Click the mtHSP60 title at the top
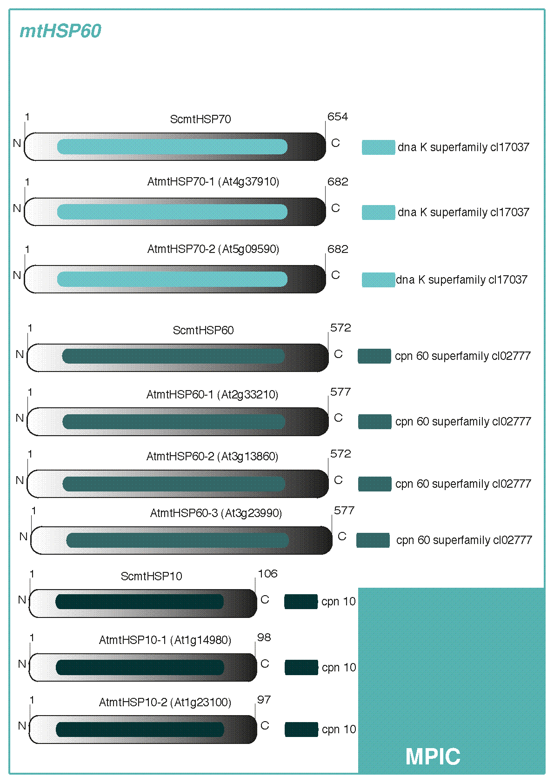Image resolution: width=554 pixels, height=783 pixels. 60,31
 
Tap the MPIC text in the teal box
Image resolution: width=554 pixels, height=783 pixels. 433,756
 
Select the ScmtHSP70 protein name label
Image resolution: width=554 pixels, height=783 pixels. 200,119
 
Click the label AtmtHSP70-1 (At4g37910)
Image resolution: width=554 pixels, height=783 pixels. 213,182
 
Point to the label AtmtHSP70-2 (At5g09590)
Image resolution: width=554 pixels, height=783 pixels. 213,249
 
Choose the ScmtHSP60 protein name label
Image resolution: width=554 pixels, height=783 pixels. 203,331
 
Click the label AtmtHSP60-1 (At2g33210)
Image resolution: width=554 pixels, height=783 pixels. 212,395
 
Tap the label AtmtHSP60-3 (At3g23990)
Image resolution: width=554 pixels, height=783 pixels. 216,513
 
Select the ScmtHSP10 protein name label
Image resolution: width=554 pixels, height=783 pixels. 151,577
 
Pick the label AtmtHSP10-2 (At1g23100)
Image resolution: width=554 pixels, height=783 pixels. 165,703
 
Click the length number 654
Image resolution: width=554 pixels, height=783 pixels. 338,117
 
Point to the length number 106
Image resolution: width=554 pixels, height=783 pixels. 267,574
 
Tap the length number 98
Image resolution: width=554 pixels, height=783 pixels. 264,637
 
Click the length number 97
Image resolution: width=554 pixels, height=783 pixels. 264,700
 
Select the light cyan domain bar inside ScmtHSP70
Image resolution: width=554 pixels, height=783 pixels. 172,146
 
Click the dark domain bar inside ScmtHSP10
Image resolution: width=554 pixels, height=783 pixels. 140,601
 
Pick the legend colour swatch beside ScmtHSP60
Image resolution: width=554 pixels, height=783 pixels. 374,356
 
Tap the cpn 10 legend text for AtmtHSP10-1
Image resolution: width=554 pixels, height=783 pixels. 339,668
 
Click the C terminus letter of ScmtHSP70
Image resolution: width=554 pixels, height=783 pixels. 335,143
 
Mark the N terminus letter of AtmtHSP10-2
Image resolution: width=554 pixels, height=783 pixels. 22,726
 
